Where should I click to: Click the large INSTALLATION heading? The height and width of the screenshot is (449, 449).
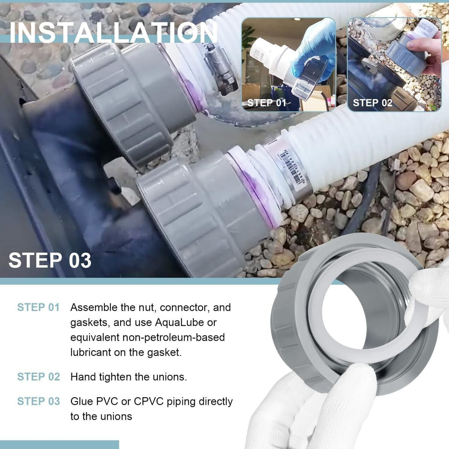pyautogui.click(x=114, y=32)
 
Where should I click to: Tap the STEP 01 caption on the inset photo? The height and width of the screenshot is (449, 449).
pyautogui.click(x=267, y=103)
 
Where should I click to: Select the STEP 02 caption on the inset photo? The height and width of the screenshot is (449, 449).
pyautogui.click(x=372, y=103)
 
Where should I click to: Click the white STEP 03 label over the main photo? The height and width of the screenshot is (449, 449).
pyautogui.click(x=50, y=260)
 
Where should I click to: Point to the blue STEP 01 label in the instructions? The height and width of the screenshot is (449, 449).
pyautogui.click(x=39, y=307)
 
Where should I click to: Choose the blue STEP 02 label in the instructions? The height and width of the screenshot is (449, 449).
pyautogui.click(x=39, y=377)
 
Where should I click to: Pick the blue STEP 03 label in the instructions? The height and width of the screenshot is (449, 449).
pyautogui.click(x=39, y=401)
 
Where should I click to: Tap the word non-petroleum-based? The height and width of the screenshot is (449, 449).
pyautogui.click(x=174, y=338)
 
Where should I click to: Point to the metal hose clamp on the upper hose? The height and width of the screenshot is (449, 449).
pyautogui.click(x=220, y=70)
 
